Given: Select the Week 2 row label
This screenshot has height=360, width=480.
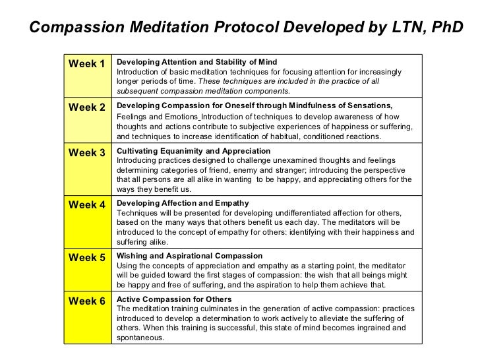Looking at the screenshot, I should click(87, 107).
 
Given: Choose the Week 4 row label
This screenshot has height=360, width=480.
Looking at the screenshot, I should click(87, 204).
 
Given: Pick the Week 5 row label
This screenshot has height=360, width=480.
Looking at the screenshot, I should click(87, 257).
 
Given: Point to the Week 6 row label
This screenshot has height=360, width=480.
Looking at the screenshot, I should click(87, 302).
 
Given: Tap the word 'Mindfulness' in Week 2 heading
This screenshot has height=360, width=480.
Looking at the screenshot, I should click(295, 105).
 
